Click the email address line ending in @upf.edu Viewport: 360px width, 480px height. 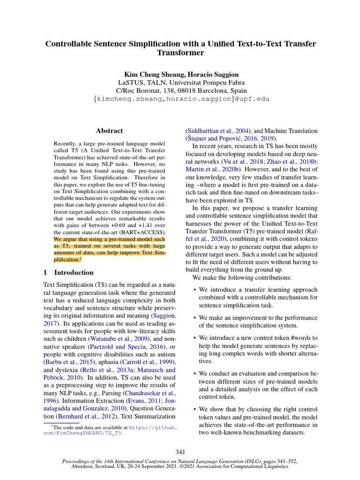tap(180, 99)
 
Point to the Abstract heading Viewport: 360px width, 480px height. tap(109, 131)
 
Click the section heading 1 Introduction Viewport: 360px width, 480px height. tap(68, 272)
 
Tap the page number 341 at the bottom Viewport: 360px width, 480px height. tap(180, 452)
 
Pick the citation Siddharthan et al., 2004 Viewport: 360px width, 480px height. tap(218, 131)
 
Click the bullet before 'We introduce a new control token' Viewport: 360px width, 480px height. tap(195, 338)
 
